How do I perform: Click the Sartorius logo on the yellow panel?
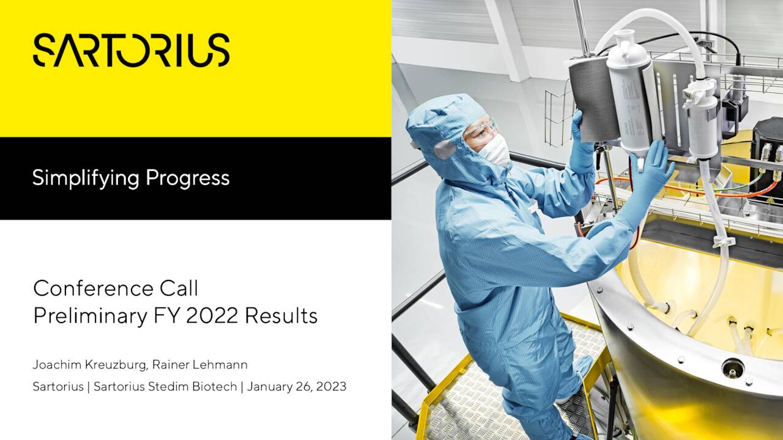click(x=131, y=50)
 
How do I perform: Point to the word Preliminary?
click(x=90, y=317)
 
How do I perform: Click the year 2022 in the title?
click(x=212, y=316)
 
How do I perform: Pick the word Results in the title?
click(x=281, y=316)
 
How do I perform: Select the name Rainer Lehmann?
click(x=200, y=365)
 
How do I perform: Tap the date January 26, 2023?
click(x=297, y=387)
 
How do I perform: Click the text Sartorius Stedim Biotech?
click(x=165, y=387)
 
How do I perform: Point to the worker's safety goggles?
click(x=481, y=128)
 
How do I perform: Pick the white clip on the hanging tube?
click(x=721, y=241)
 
